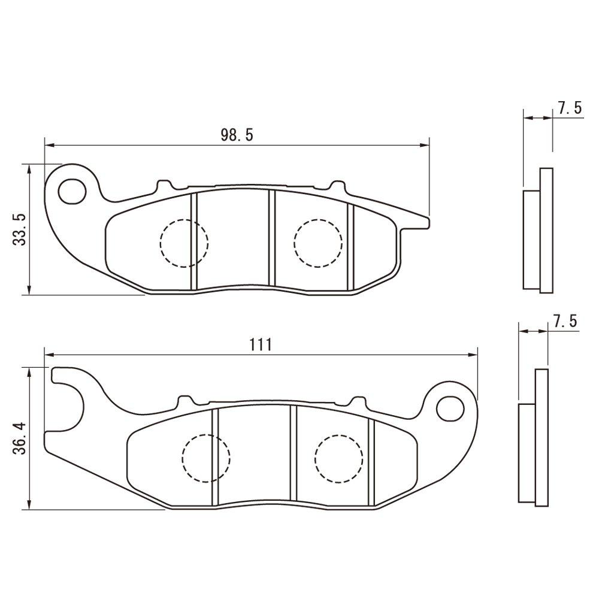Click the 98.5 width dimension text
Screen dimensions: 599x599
[x=237, y=135]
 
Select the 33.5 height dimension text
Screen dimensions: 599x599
[x=20, y=229]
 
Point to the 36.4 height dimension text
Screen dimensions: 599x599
[x=20, y=438]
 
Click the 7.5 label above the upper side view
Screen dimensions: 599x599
[x=569, y=108]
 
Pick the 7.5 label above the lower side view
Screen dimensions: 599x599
[x=564, y=322]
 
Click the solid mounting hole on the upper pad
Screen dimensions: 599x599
[x=71, y=191]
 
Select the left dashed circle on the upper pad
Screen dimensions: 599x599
[x=184, y=243]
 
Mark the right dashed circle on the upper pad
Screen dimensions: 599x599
[x=318, y=243]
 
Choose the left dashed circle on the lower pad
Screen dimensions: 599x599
[x=206, y=458]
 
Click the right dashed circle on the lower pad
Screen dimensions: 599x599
[x=339, y=458]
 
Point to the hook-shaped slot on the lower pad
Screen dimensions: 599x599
[x=69, y=395]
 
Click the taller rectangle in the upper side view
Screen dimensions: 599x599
[x=546, y=231]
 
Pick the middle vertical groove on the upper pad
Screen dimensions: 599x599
[x=271, y=238]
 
